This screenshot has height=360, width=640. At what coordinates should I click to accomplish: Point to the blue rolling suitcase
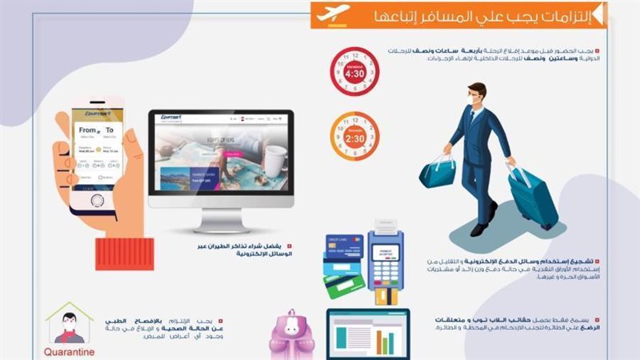[x=531, y=197]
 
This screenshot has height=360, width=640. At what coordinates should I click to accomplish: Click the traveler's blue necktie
[x=470, y=125]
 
